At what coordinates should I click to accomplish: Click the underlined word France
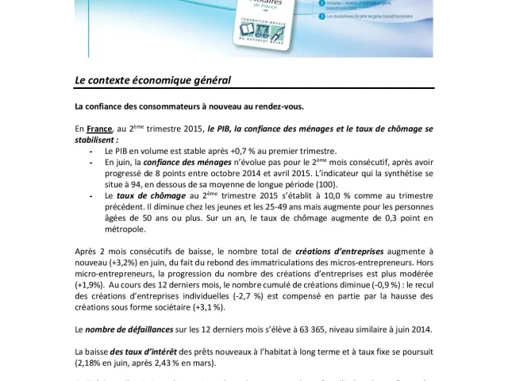tap(99, 128)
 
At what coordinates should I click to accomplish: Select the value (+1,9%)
tap(93, 284)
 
